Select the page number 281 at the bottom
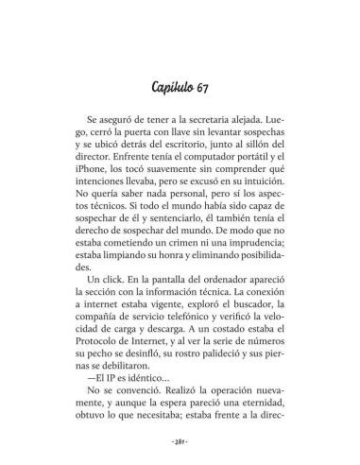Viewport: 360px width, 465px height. [180, 439]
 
